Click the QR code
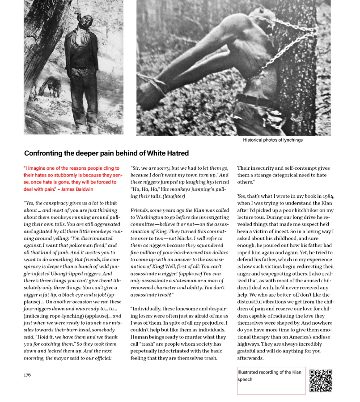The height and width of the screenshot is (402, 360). click(x=321, y=381)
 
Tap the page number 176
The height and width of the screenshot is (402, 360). click(x=27, y=375)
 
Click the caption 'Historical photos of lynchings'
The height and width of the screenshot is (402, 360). click(x=273, y=140)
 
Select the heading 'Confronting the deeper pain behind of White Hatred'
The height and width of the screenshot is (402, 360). click(x=106, y=153)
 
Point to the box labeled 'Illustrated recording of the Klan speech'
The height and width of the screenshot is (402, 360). click(x=271, y=381)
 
